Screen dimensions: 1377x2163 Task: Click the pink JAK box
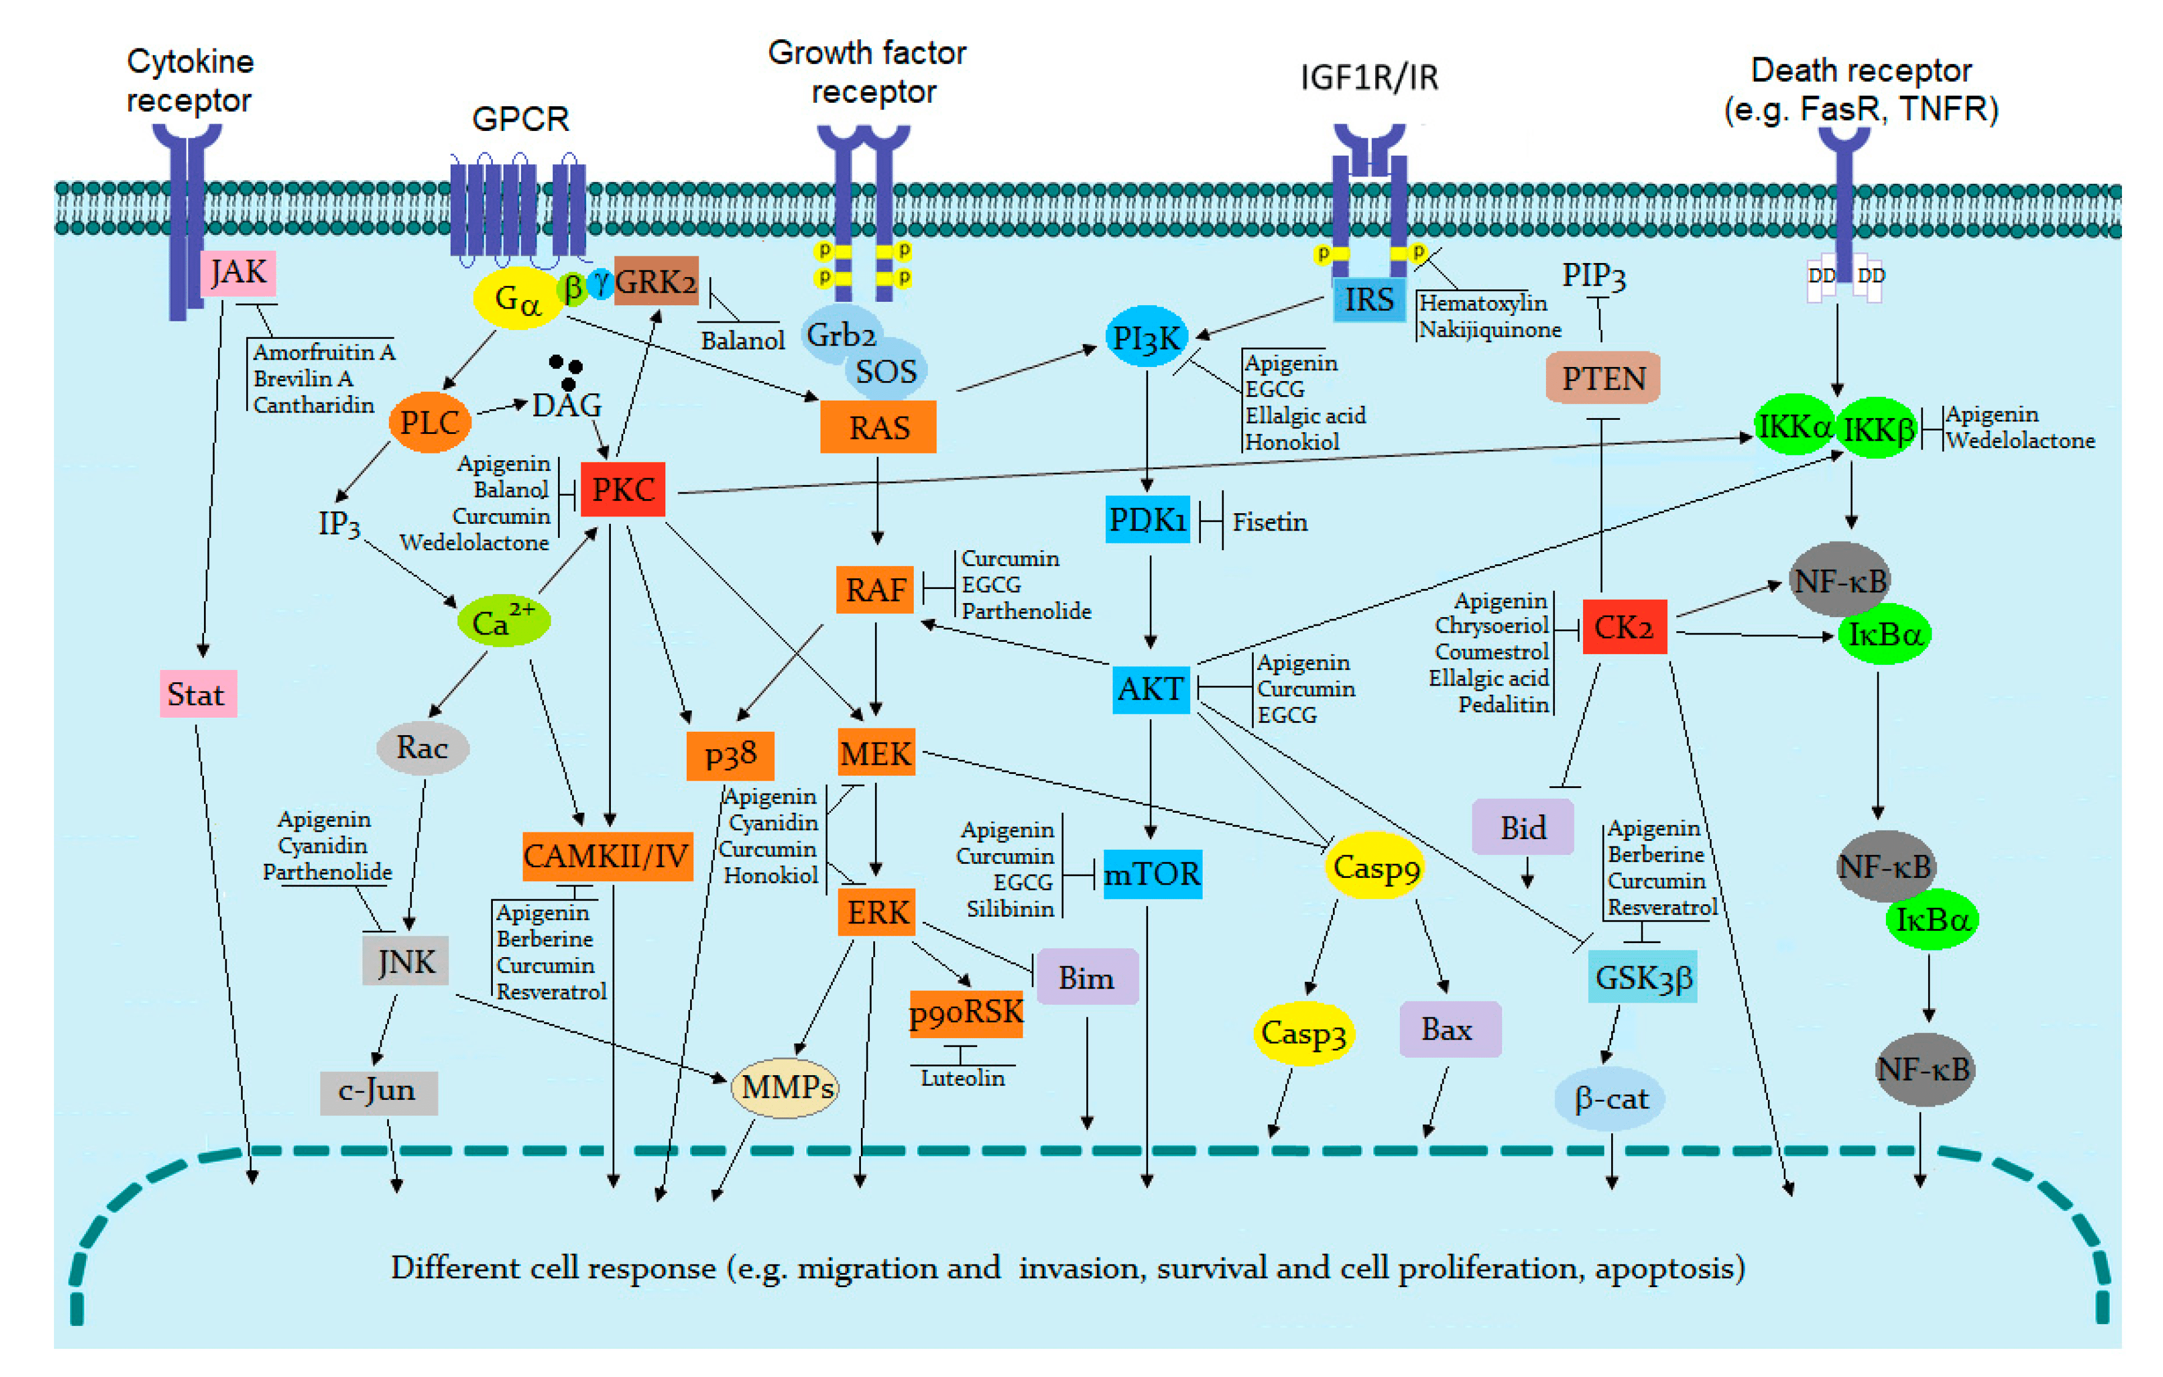(x=238, y=272)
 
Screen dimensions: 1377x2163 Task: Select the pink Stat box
(x=198, y=694)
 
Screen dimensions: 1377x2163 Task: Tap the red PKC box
(x=623, y=490)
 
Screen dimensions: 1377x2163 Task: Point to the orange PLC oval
(x=429, y=422)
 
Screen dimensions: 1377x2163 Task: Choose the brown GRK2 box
(x=656, y=281)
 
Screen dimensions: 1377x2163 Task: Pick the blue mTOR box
(x=1151, y=873)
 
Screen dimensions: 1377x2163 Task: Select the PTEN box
(x=1603, y=378)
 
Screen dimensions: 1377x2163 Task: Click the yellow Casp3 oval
(x=1303, y=1033)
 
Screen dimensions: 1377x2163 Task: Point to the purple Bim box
(x=1086, y=977)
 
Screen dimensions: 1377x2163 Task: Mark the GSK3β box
(x=1642, y=976)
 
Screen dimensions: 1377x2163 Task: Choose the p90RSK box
(x=965, y=1013)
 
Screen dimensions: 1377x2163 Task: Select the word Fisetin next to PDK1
(x=1269, y=522)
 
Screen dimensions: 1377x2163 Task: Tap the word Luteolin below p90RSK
(x=962, y=1078)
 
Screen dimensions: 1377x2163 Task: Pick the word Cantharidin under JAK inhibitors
(x=314, y=405)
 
